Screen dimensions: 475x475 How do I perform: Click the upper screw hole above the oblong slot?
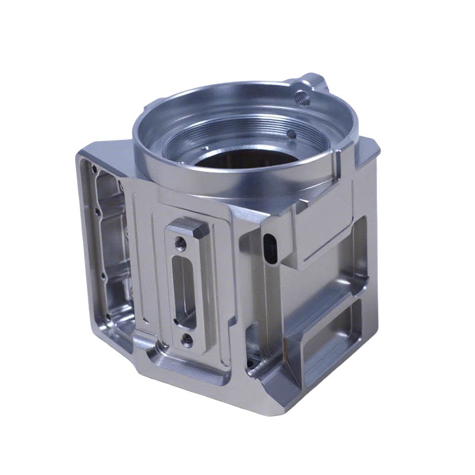tap(182, 242)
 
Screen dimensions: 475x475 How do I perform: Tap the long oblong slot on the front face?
tap(185, 290)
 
